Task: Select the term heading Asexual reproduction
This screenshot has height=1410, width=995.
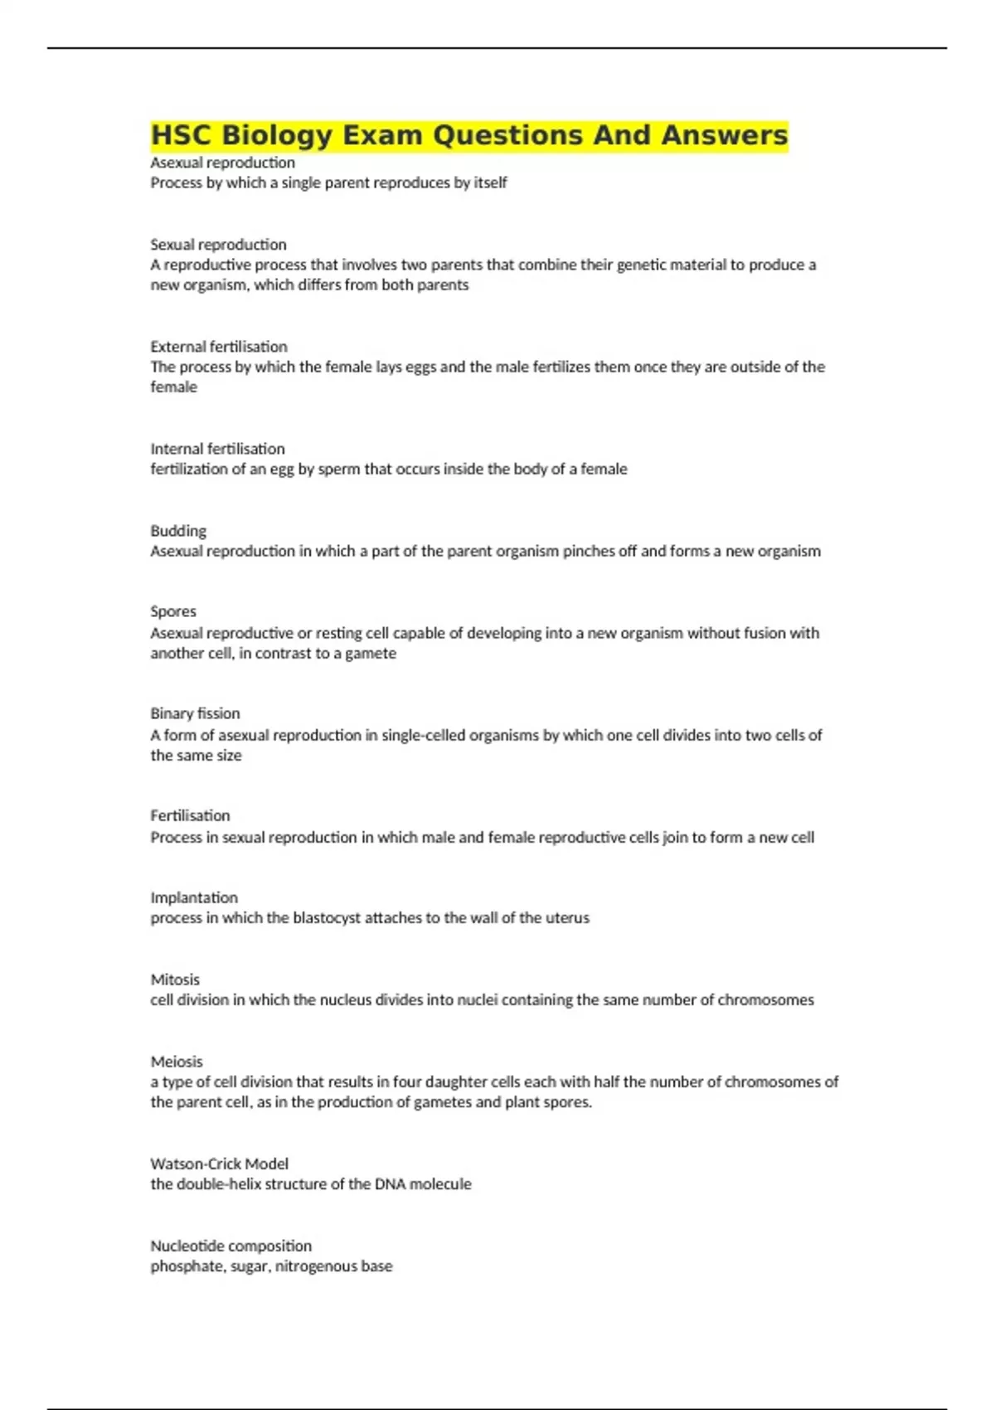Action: click(x=222, y=163)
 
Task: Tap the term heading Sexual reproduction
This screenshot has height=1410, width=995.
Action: click(x=218, y=245)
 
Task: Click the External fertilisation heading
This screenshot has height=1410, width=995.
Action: click(x=219, y=347)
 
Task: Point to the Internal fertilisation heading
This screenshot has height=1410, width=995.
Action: click(x=217, y=449)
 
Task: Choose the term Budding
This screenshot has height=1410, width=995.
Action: click(x=178, y=531)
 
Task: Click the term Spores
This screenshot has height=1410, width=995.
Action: click(x=173, y=611)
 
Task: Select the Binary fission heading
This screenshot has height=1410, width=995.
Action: click(x=195, y=713)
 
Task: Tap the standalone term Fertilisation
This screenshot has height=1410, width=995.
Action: click(x=190, y=815)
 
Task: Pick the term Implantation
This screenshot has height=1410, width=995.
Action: click(x=194, y=897)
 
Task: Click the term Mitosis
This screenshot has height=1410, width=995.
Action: click(x=175, y=980)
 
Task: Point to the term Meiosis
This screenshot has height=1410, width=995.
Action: click(x=177, y=1062)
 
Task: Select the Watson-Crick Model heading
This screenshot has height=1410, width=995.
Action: click(x=219, y=1164)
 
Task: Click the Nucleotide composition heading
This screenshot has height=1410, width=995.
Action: click(x=231, y=1246)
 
